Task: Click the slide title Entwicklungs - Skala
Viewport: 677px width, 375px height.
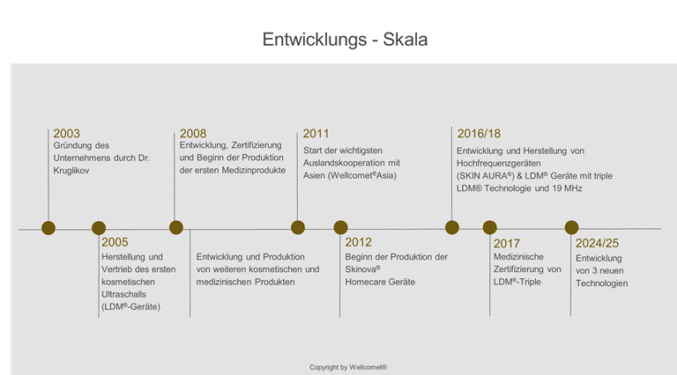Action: pyautogui.click(x=338, y=40)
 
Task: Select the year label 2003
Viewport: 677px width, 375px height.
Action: pyautogui.click(x=67, y=133)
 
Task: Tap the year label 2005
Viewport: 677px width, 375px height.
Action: pyautogui.click(x=115, y=242)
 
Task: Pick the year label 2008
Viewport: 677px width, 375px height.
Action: pyautogui.click(x=193, y=133)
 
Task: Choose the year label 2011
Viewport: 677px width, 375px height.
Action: pyautogui.click(x=316, y=133)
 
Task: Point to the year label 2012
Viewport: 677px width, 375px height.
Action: pyautogui.click(x=358, y=242)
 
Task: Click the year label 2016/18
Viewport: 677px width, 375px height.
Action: pyautogui.click(x=479, y=133)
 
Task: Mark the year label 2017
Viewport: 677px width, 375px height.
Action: pyautogui.click(x=507, y=242)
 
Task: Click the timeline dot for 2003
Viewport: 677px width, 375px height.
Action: pyautogui.click(x=48, y=228)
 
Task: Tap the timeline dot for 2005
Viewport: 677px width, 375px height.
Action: pyautogui.click(x=99, y=228)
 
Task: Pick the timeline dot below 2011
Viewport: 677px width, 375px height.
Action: pyautogui.click(x=298, y=228)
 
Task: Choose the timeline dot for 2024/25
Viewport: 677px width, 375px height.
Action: pyautogui.click(x=572, y=228)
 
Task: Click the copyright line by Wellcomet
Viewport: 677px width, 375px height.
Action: pyautogui.click(x=348, y=366)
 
